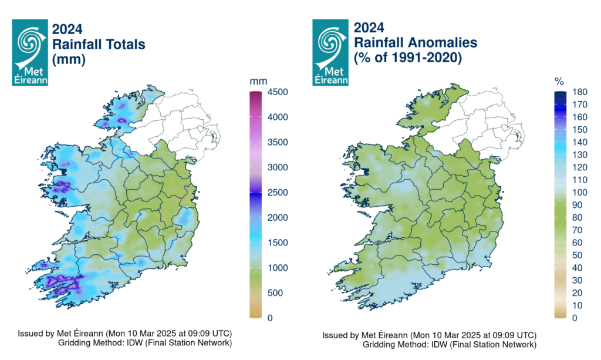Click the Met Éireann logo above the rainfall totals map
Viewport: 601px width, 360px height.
point(30,52)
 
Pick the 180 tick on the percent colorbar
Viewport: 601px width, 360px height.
point(576,92)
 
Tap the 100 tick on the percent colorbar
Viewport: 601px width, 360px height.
point(576,193)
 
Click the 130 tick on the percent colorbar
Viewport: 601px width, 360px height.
point(576,155)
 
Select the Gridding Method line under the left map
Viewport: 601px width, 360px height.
point(145,342)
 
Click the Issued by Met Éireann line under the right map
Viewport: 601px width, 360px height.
point(428,335)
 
